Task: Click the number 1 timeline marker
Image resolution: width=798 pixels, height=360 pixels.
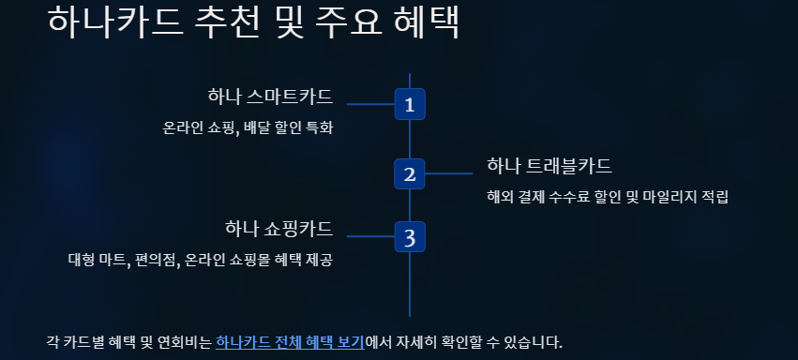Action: [x=410, y=104]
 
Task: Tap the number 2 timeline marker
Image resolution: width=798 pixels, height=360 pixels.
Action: [x=410, y=173]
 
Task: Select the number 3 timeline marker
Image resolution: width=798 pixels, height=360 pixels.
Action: [x=410, y=236]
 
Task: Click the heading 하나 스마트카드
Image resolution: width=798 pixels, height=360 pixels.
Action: [x=270, y=97]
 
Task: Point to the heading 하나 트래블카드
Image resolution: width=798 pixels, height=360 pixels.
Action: [x=550, y=166]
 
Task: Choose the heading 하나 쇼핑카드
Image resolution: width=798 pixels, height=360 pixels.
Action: [x=279, y=229]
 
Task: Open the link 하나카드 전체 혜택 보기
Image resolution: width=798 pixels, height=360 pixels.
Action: [x=290, y=341]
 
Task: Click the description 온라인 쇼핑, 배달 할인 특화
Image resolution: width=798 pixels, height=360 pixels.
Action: [x=248, y=127]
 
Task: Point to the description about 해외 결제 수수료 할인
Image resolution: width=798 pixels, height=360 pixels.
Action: [x=608, y=197]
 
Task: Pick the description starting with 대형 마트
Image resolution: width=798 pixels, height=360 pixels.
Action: [x=201, y=260]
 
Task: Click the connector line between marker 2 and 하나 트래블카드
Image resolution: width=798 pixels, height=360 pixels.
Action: [x=449, y=173]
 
